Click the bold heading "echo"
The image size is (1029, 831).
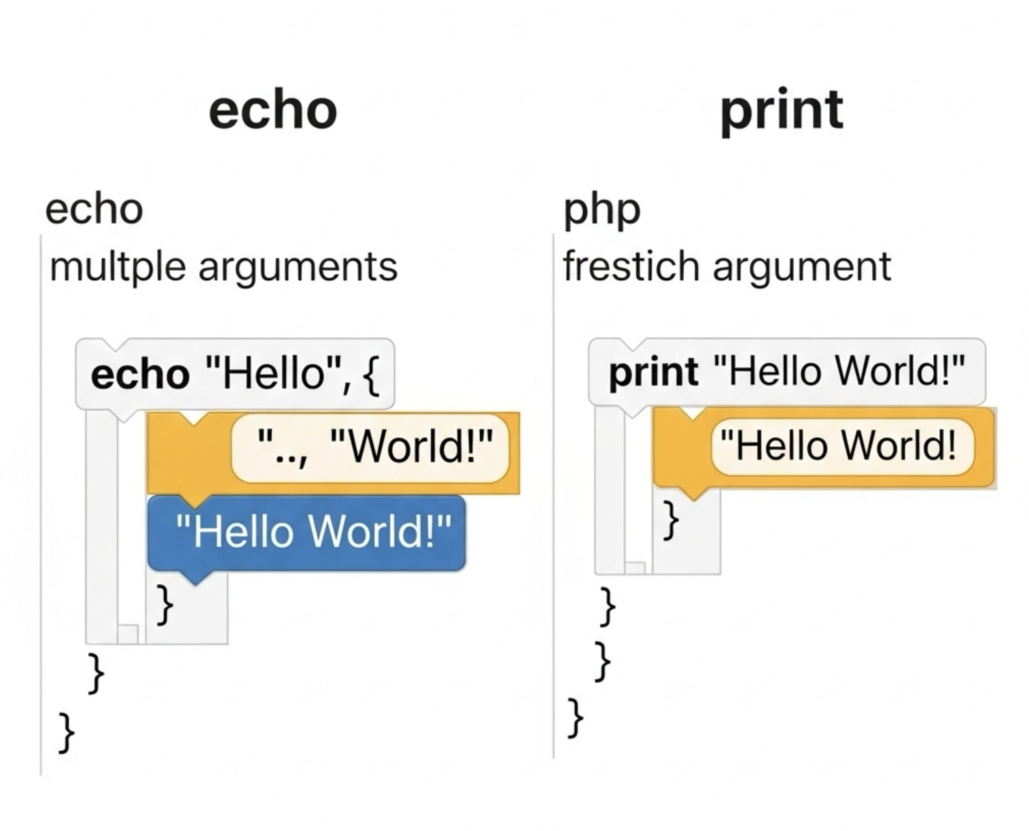pyautogui.click(x=273, y=110)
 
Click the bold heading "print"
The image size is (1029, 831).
pyautogui.click(x=782, y=110)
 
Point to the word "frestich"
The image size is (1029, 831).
pyautogui.click(x=631, y=267)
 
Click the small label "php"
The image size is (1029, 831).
pyautogui.click(x=601, y=210)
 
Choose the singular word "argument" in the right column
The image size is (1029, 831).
pyautogui.click(x=801, y=267)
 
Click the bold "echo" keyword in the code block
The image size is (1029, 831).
pyautogui.click(x=140, y=375)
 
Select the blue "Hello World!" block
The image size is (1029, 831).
pyautogui.click(x=307, y=532)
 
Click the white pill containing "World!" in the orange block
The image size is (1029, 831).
pyautogui.click(x=370, y=448)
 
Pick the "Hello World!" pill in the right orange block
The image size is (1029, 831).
pyautogui.click(x=843, y=446)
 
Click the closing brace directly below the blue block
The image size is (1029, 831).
pyautogui.click(x=164, y=604)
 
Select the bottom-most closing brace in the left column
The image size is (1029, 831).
pyautogui.click(x=66, y=732)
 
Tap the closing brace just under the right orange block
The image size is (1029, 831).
pyautogui.click(x=671, y=520)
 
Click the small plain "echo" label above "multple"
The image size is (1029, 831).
pyautogui.click(x=94, y=210)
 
